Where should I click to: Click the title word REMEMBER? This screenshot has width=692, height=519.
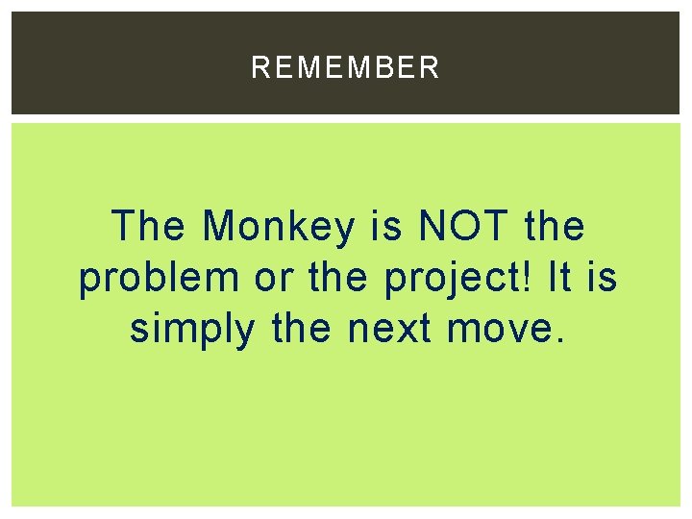345,67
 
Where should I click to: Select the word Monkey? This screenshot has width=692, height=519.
278,228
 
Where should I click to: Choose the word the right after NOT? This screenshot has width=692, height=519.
556,227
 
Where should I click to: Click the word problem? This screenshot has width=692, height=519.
159,279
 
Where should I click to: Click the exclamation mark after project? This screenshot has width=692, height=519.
531,278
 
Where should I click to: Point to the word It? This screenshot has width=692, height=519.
560,278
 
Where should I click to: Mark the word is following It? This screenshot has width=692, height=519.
603,278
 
